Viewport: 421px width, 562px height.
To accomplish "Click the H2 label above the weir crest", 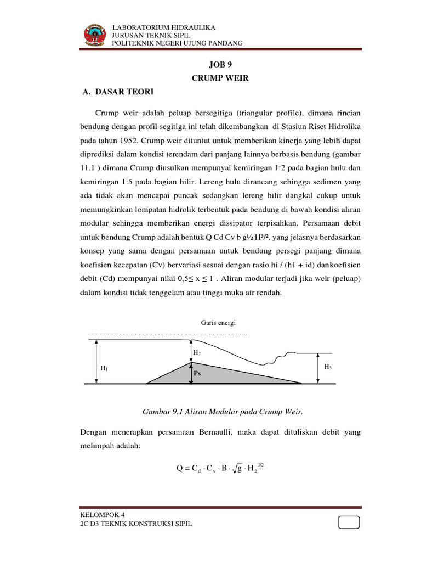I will pyautogui.click(x=196, y=352).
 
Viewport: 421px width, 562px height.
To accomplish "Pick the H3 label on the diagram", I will pyautogui.click(x=327, y=367).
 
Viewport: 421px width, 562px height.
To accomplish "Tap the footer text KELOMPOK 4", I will pyautogui.click(x=103, y=515).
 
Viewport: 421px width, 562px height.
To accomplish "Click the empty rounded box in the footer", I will pyautogui.click(x=349, y=522).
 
